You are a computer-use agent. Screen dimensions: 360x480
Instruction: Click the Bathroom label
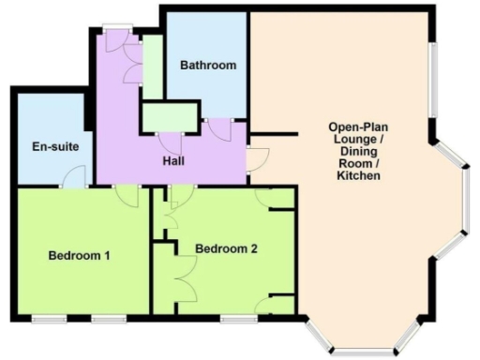(x=207, y=66)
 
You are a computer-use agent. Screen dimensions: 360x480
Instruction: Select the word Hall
(x=172, y=160)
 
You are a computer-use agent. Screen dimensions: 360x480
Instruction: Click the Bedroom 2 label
(x=226, y=248)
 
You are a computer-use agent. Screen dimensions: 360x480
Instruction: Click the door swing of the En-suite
(x=78, y=176)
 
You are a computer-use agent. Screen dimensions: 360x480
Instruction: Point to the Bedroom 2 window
(x=238, y=320)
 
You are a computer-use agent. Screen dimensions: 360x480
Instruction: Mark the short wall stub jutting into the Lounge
(x=273, y=135)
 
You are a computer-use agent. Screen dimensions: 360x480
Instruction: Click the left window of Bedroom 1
(x=49, y=320)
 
